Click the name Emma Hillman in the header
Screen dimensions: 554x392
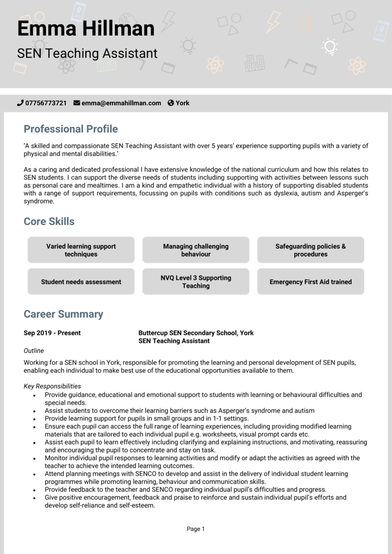tap(86, 29)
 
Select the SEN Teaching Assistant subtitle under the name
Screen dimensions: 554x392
tap(87, 53)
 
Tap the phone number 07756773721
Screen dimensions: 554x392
tap(46, 103)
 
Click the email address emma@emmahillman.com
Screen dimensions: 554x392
tap(121, 103)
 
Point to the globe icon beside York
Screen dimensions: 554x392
tap(170, 103)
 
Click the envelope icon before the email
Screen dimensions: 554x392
tap(77, 103)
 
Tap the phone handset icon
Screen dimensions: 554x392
tap(20, 103)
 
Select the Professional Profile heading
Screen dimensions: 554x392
tap(71, 129)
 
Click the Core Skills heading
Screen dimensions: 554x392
tap(49, 221)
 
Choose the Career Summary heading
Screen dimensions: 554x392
tap(63, 314)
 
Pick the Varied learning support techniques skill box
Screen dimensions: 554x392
tap(81, 250)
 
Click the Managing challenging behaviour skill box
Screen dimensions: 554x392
tap(196, 250)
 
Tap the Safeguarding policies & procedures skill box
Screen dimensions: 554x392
tap(310, 250)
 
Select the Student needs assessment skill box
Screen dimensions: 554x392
tap(81, 282)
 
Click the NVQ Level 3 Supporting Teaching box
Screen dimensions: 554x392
tap(196, 282)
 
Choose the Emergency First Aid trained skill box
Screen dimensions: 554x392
tap(310, 282)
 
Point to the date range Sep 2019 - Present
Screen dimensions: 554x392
tap(52, 333)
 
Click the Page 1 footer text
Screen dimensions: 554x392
tap(196, 529)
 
